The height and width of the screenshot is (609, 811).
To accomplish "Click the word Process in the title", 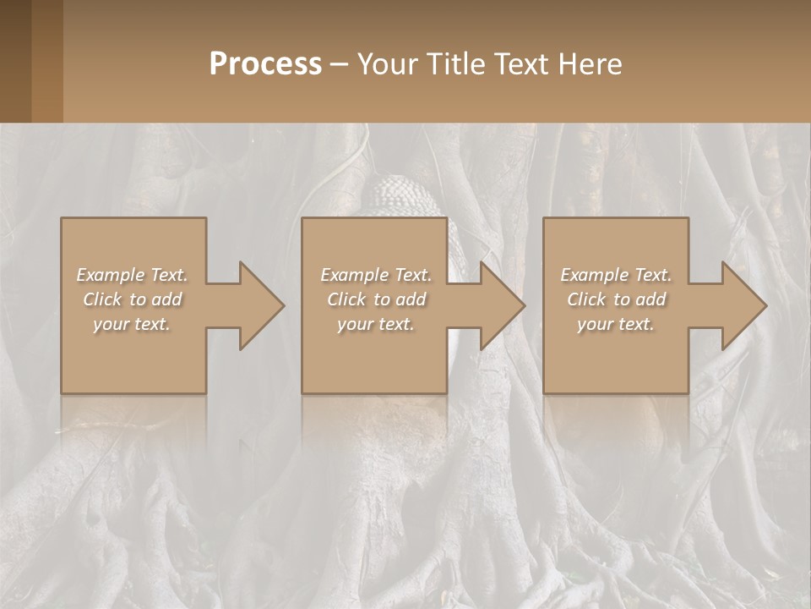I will [265, 63].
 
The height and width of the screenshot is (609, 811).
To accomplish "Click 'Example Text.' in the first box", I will [133, 275].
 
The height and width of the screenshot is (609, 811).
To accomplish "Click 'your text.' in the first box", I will [133, 324].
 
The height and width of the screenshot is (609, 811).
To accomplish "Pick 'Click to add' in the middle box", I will [376, 299].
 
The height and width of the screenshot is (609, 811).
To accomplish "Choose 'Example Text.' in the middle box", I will [376, 275].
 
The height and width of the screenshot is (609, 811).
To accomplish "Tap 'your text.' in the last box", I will [616, 324].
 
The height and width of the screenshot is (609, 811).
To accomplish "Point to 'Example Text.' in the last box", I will [616, 275].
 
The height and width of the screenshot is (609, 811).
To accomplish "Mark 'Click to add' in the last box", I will [616, 299].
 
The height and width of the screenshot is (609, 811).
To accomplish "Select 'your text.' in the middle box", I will [376, 324].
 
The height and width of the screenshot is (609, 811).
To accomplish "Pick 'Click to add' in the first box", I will [133, 299].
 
